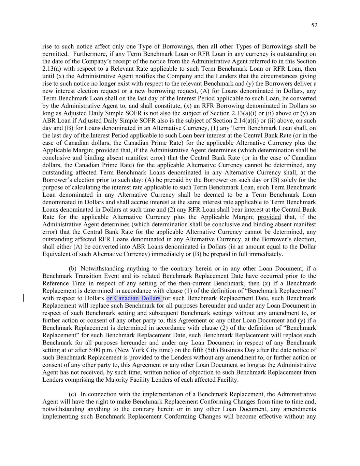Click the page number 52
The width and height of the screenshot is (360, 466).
(x=314, y=25)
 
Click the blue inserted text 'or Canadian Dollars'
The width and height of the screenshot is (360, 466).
(x=134, y=298)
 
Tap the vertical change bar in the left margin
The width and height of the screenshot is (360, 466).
(x=23, y=298)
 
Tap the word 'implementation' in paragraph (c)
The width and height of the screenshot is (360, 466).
(x=159, y=394)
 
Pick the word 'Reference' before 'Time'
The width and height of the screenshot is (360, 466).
(x=55, y=283)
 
